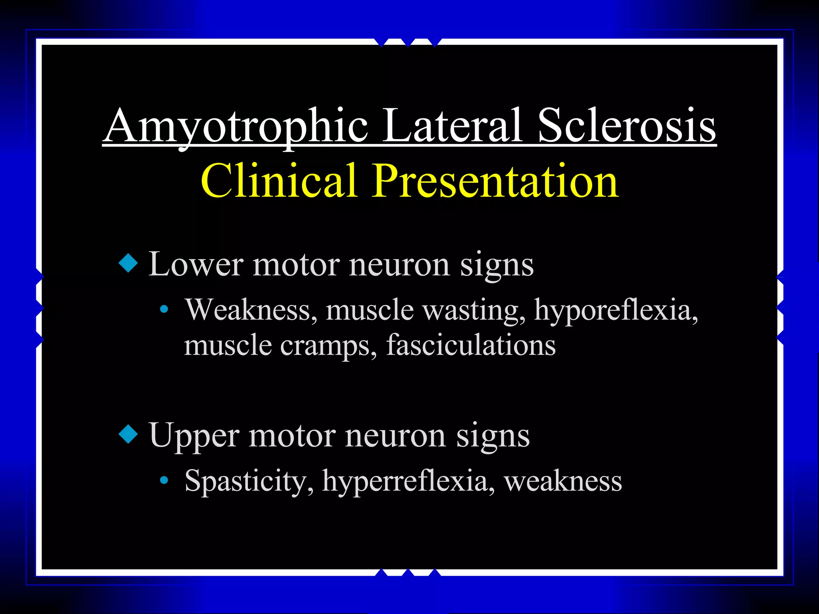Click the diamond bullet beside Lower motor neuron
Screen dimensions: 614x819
[x=128, y=264]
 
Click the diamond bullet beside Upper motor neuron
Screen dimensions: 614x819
[x=128, y=435]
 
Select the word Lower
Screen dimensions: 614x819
[x=196, y=265]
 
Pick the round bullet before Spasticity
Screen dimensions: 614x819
[x=163, y=480]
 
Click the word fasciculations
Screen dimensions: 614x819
[x=471, y=345]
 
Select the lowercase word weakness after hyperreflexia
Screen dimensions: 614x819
[x=563, y=481]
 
